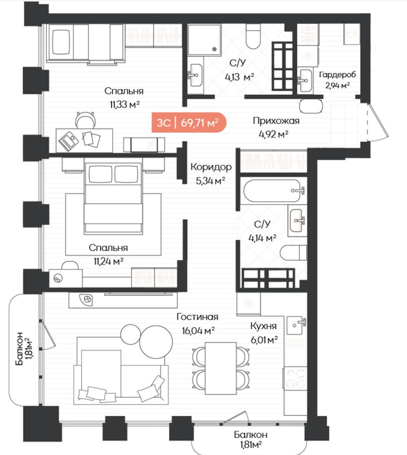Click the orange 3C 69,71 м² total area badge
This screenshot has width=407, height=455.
pyautogui.click(x=189, y=122)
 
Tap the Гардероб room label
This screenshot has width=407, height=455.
pyautogui.click(x=337, y=75)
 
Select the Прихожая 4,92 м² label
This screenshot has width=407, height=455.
pyautogui.click(x=276, y=127)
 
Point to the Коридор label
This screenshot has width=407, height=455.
pyautogui.click(x=211, y=167)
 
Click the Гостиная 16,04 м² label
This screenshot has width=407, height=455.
pyautogui.click(x=198, y=323)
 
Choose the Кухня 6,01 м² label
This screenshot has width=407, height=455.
pyautogui.click(x=263, y=333)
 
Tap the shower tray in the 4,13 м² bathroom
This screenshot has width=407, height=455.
pyautogui.click(x=204, y=40)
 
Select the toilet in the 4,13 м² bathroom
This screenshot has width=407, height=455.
pyautogui.click(x=254, y=36)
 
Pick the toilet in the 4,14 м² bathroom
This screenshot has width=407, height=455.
pyautogui.click(x=293, y=252)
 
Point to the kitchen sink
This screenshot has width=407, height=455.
pyautogui.click(x=296, y=325)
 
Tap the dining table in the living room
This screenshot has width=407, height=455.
pyautogui.click(x=220, y=369)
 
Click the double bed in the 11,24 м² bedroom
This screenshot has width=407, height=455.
pyautogui.click(x=113, y=198)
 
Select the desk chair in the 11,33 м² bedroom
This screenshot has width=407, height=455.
pyautogui.click(x=85, y=120)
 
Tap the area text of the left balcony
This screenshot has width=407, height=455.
pyautogui.click(x=29, y=348)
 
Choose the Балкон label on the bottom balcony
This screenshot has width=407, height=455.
pyautogui.click(x=250, y=434)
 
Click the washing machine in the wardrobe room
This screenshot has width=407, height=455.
pyautogui.click(x=308, y=56)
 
